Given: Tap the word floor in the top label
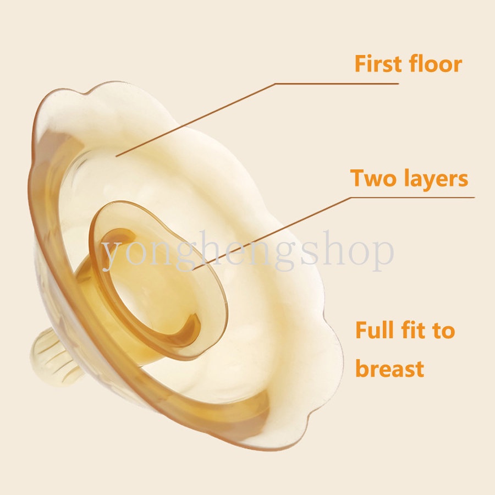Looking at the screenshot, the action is click(x=435, y=64).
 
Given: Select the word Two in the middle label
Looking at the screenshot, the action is click(x=373, y=178).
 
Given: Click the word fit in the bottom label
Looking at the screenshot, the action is click(x=414, y=330).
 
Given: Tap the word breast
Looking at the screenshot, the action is click(x=389, y=368).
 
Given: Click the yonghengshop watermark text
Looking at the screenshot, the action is click(x=248, y=251).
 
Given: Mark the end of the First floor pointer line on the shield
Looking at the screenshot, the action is click(x=116, y=156).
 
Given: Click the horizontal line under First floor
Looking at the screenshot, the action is click(x=337, y=84).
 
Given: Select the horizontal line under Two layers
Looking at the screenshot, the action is click(x=413, y=197).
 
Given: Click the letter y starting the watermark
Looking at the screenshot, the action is click(x=112, y=255).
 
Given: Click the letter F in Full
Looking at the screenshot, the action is click(x=361, y=330).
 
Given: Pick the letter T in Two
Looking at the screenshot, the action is click(x=358, y=178).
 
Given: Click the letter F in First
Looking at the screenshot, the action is click(x=360, y=64).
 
